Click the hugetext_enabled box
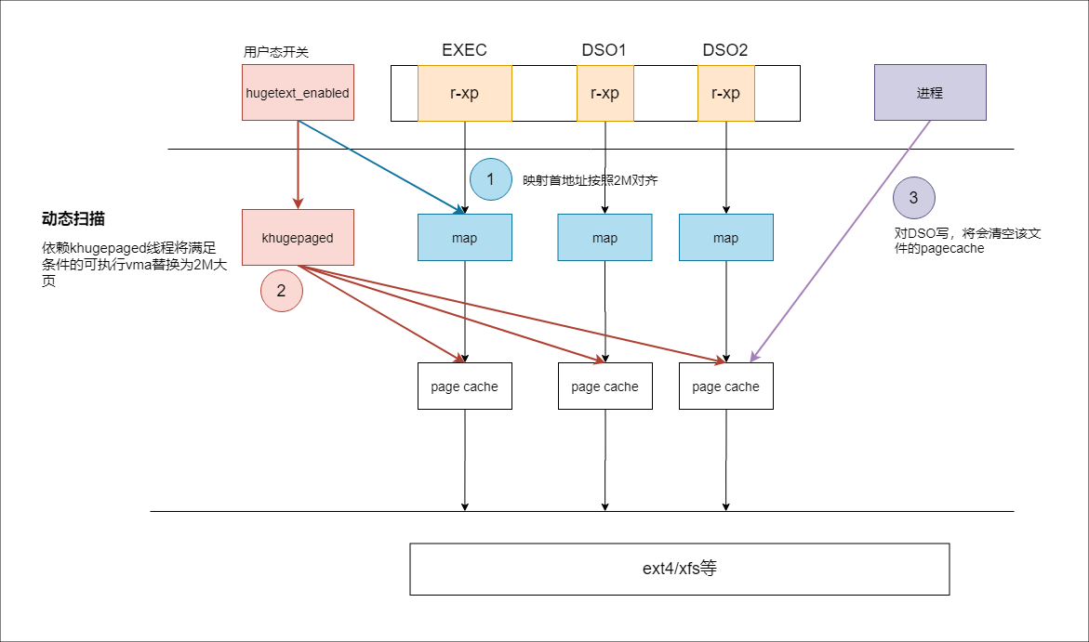point(298,92)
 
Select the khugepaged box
point(298,237)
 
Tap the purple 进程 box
point(930,92)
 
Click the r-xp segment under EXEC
point(465,93)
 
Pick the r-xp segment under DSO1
point(604,93)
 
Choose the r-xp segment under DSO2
point(725,93)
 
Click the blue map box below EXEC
point(465,237)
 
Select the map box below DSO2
point(725,237)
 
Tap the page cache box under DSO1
point(604,386)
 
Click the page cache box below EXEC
point(465,386)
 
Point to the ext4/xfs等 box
point(679,570)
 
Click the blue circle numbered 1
point(490,179)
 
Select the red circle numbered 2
point(281,290)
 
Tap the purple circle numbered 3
point(913,197)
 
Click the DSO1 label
point(604,50)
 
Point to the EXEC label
point(465,50)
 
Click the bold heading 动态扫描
point(73,218)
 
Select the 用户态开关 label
point(275,51)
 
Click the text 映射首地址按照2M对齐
point(590,180)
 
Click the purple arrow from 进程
point(841,241)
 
